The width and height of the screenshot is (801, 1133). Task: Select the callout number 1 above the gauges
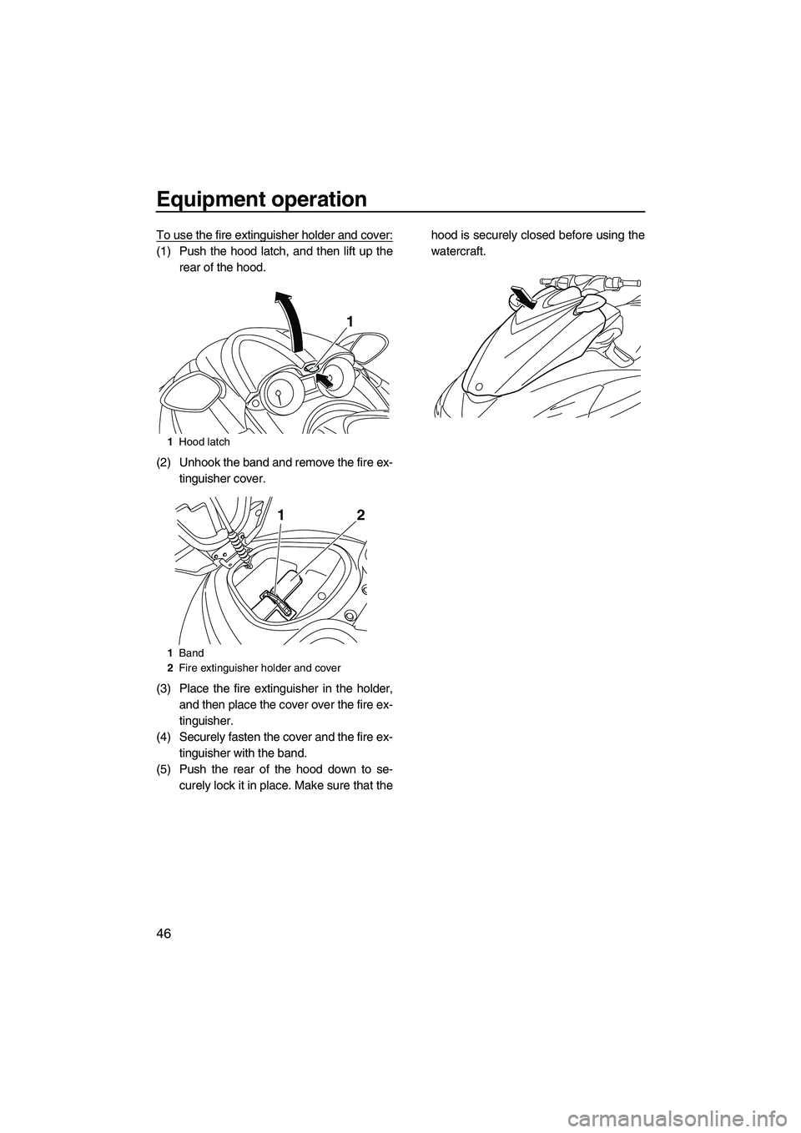click(351, 322)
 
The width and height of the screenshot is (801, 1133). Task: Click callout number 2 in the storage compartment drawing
click(360, 516)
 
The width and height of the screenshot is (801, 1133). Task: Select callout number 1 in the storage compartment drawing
click(283, 516)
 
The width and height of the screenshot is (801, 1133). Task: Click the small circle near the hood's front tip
click(477, 386)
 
